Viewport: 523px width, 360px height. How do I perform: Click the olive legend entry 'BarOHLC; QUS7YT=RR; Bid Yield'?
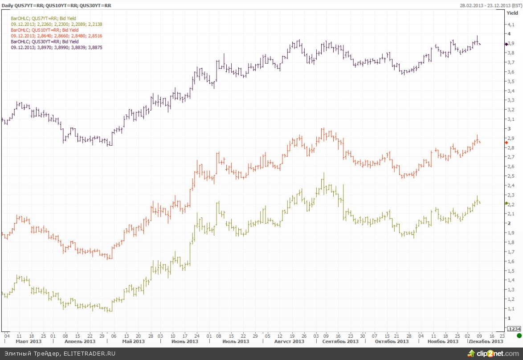pos(43,18)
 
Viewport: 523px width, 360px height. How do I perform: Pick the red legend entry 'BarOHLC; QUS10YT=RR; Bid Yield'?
pos(44,30)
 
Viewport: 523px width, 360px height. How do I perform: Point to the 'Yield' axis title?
pos(513,13)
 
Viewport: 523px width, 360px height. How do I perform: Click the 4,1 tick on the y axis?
pos(511,24)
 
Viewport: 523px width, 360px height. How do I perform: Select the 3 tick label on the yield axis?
pos(509,128)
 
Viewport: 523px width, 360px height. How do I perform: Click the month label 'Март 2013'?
pos(28,341)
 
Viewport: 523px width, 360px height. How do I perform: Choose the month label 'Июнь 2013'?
pos(185,341)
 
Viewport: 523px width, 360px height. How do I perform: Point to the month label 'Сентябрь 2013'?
pos(339,341)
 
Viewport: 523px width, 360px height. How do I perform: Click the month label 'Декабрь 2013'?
pos(486,341)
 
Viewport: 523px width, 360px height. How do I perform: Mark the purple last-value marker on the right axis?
pos(506,44)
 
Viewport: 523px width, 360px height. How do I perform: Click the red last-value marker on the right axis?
pos(506,143)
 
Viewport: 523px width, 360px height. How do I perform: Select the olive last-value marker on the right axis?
pos(506,203)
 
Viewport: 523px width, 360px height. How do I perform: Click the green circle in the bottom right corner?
pos(519,335)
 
